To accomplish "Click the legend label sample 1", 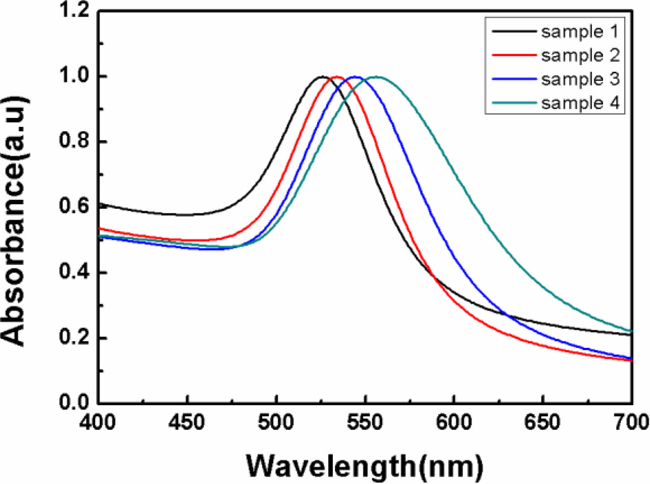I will (580, 32).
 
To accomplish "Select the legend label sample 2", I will (580, 56).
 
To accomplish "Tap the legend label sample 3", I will (580, 79).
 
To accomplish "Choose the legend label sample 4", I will (580, 103).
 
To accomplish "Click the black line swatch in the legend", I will (514, 31).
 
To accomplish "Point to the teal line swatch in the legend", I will (514, 103).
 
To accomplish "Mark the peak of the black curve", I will (322, 77).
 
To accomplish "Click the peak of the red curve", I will (337, 77).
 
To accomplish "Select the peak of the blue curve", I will (356, 77).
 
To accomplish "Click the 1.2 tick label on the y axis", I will (74, 11).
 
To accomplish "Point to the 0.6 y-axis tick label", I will (74, 207).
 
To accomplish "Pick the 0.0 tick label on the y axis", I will (74, 402).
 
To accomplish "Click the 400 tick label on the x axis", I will (98, 422).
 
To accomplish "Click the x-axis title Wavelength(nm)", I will (365, 466).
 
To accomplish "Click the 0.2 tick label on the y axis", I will (74, 337).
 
